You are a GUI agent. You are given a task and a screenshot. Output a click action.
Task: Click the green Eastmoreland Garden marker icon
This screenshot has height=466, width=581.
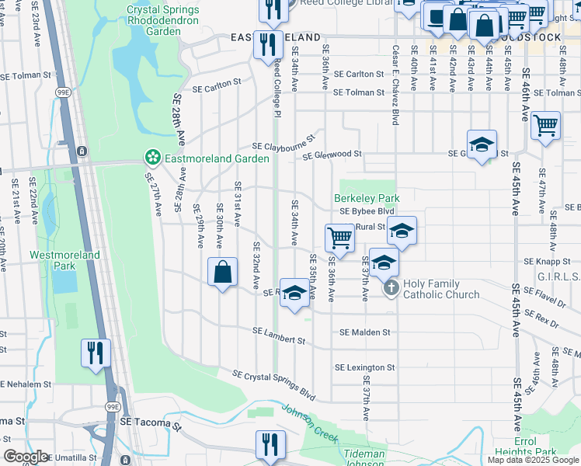click(152, 158)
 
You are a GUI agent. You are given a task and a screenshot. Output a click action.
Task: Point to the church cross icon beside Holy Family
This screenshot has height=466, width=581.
click(391, 289)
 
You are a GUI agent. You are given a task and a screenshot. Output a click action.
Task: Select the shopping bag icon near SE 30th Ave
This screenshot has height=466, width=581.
click(223, 272)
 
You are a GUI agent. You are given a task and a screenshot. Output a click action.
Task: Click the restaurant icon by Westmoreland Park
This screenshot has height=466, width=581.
click(96, 353)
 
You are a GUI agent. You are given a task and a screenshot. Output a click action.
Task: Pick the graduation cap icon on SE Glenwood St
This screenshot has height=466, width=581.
click(482, 144)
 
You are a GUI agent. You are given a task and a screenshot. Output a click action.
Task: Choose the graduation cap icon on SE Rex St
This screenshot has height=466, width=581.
click(294, 293)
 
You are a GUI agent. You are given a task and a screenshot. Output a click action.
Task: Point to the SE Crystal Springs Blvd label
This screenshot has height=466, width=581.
click(273, 385)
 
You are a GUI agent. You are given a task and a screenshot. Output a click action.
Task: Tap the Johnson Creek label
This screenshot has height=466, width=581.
click(309, 423)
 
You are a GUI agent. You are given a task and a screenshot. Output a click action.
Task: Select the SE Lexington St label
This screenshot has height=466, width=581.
click(364, 367)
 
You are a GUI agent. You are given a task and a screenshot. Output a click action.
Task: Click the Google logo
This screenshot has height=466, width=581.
click(26, 457)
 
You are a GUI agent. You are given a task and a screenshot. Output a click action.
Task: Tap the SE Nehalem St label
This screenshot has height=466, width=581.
click(25, 384)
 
